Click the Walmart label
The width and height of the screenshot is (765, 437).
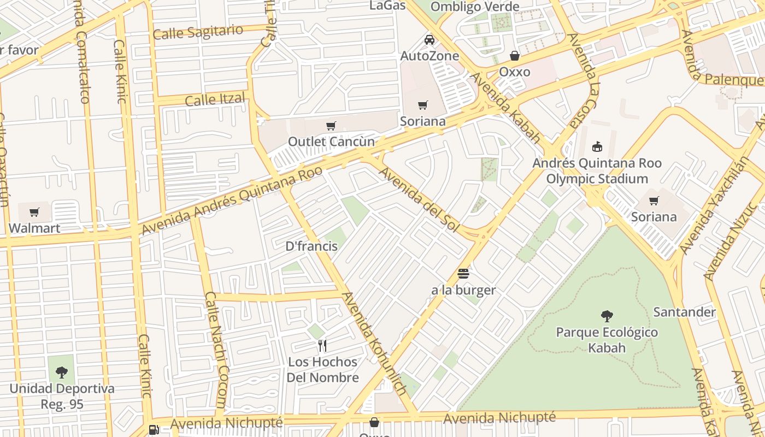click(34, 228)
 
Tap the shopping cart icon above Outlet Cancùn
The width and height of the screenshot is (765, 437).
click(331, 126)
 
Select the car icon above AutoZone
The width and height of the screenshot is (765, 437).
click(429, 39)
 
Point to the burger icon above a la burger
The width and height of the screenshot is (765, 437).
click(463, 273)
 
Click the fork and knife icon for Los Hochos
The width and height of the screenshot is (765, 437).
click(322, 345)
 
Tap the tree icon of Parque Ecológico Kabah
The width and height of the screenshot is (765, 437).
click(607, 316)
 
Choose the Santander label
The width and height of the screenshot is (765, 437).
click(684, 312)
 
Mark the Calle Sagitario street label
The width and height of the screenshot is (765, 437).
click(198, 32)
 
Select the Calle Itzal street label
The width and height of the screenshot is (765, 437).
click(214, 100)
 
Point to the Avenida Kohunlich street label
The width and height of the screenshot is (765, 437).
click(374, 343)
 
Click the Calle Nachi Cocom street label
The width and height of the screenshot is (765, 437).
click(215, 350)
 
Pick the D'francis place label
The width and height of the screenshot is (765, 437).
click(311, 246)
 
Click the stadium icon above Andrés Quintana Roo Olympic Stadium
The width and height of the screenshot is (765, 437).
click(597, 146)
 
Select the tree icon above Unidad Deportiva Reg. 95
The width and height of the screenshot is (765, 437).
click(62, 373)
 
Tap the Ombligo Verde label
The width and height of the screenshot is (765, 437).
click(475, 7)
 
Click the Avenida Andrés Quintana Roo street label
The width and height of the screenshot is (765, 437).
click(232, 200)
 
